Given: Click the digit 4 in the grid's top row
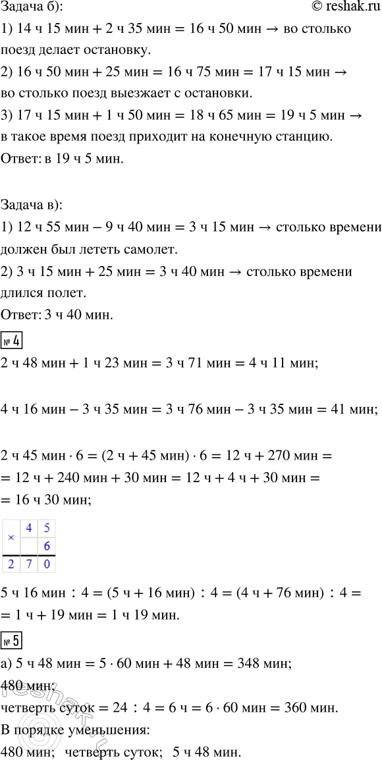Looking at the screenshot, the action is click(30, 528).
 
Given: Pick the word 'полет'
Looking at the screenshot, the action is click(90, 293).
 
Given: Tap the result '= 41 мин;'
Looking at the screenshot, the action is click(342, 410).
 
